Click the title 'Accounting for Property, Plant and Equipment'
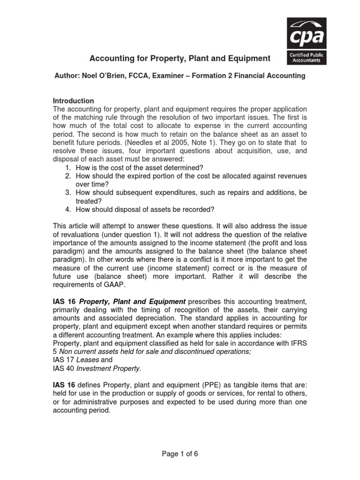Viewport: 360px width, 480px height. (180, 59)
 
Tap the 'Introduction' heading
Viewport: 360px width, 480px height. (73, 101)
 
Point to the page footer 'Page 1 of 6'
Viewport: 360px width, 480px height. (180, 454)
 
